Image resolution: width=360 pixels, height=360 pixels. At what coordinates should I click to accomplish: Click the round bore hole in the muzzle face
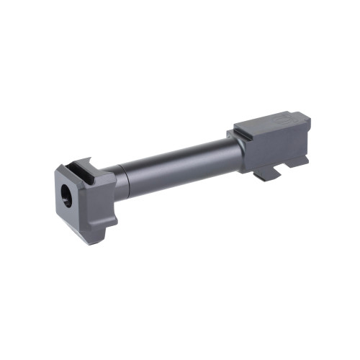pos(67,195)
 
